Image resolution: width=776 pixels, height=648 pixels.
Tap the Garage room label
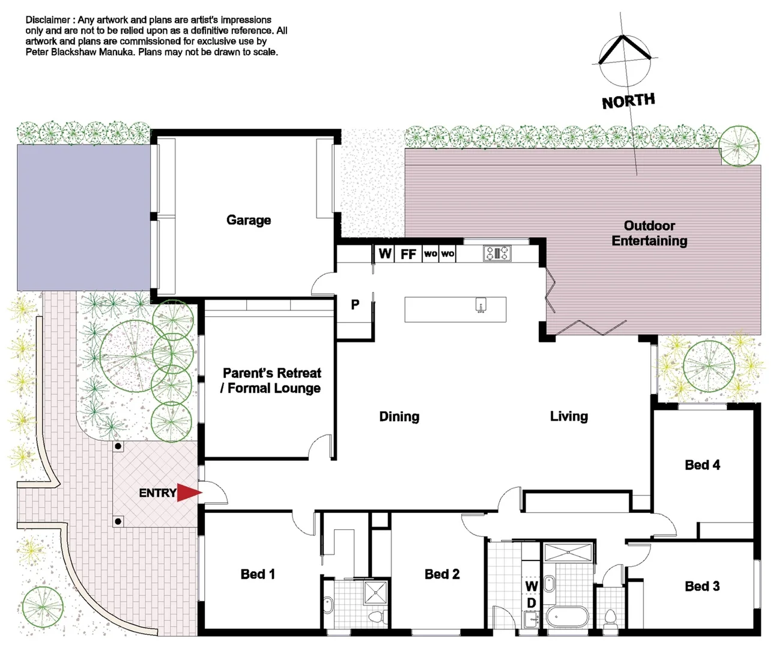pyautogui.click(x=249, y=220)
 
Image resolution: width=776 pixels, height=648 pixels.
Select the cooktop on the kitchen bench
pyautogui.click(x=497, y=253)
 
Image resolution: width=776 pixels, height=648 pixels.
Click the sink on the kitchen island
pyautogui.click(x=480, y=305)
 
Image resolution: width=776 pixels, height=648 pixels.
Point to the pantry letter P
pyautogui.click(x=355, y=305)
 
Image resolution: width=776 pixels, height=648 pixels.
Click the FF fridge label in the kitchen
pyautogui.click(x=408, y=254)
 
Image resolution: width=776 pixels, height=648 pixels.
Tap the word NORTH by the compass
pyautogui.click(x=628, y=101)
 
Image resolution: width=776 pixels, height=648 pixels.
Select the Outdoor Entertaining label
pyautogui.click(x=649, y=233)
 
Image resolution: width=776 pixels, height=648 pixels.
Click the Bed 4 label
pyautogui.click(x=702, y=465)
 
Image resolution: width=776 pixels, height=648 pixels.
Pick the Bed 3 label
pyautogui.click(x=702, y=586)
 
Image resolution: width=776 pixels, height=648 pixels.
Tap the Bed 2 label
pyautogui.click(x=442, y=574)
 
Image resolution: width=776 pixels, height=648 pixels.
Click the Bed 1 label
pyautogui.click(x=258, y=574)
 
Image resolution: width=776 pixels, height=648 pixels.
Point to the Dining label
pyautogui.click(x=399, y=416)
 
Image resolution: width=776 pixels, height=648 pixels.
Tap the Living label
pyautogui.click(x=569, y=416)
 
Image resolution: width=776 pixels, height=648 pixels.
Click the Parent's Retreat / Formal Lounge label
pyautogui.click(x=271, y=380)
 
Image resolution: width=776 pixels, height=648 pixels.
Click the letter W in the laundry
pyautogui.click(x=532, y=586)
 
